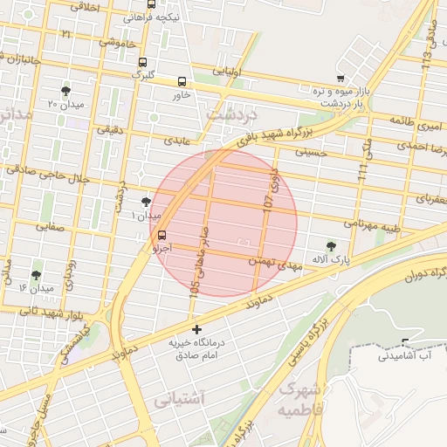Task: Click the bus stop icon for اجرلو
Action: click(x=162, y=235)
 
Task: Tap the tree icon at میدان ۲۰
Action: click(x=66, y=91)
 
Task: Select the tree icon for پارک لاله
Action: click(x=330, y=246)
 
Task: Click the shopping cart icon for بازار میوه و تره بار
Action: click(x=340, y=78)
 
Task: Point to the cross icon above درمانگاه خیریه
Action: click(x=197, y=330)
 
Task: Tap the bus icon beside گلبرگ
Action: click(x=142, y=62)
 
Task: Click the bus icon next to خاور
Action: click(x=182, y=81)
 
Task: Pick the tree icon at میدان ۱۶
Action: click(x=37, y=274)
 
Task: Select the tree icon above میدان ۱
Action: click(x=146, y=201)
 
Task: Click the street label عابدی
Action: click(x=176, y=140)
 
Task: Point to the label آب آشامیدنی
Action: click(x=409, y=355)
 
